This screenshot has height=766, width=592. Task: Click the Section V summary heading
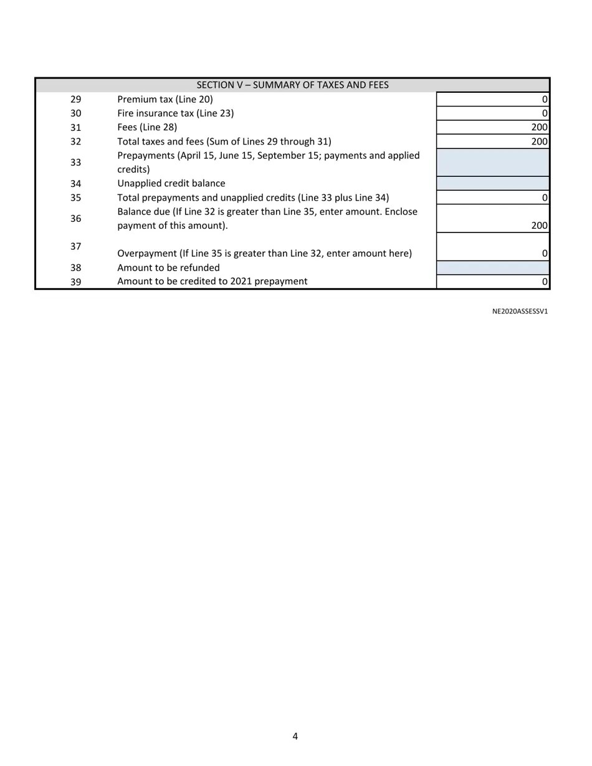292,85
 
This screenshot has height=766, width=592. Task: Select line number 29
75,99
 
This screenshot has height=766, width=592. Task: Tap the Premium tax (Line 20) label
165,99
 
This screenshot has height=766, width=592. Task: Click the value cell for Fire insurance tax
492,113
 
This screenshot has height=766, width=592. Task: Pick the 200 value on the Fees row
538,127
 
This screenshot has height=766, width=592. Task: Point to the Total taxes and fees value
538,141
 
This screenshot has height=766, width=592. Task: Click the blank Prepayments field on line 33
492,162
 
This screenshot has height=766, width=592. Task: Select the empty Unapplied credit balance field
492,183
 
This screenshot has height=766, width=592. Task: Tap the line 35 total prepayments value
492,198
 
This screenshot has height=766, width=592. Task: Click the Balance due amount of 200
538,226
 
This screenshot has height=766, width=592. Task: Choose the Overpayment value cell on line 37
492,247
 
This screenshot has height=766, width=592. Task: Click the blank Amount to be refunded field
492,268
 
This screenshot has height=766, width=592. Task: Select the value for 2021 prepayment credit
492,282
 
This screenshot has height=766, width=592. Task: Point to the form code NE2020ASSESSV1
520,311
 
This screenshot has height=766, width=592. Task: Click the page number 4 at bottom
295,736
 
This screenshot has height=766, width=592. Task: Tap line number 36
75,219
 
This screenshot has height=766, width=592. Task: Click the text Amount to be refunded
168,268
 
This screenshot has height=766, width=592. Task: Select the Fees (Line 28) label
147,127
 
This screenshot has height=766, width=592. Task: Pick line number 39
75,282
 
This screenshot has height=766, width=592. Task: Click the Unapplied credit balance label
171,183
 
